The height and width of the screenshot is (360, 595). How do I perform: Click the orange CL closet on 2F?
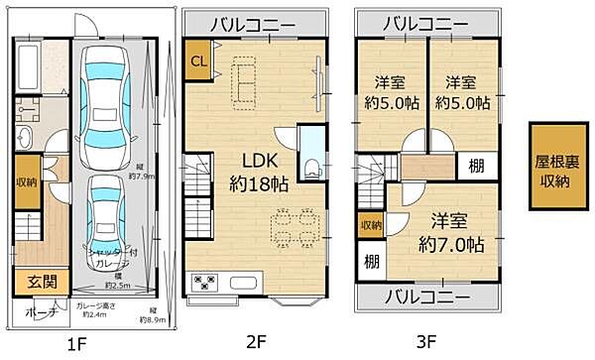coord(198,61)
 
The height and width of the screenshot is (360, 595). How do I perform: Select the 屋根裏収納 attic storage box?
coord(555,168)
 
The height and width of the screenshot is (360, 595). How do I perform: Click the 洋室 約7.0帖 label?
coord(449,231)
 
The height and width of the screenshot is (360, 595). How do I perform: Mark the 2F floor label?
coord(256,344)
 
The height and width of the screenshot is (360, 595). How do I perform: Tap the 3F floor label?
coord(426,344)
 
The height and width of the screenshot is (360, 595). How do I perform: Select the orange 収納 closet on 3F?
coord(371,226)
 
